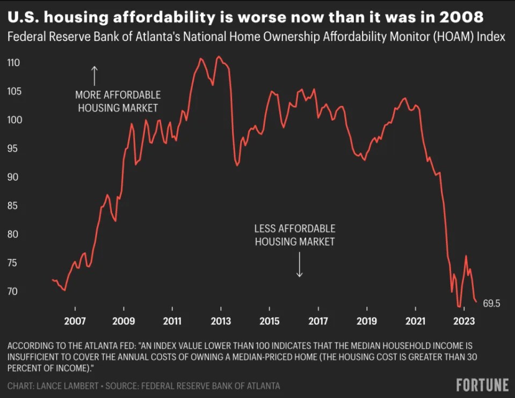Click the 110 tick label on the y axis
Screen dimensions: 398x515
13,63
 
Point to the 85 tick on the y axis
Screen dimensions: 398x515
13,206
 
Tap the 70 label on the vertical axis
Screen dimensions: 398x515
13,292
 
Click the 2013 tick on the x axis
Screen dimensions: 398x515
221,322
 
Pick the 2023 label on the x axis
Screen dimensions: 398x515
463,322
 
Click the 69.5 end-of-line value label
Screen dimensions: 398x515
491,304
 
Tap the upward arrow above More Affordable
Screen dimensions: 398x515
95,75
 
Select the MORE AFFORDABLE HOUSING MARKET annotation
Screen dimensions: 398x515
118,101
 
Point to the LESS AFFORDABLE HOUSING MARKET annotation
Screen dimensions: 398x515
294,235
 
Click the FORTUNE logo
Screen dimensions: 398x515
482,385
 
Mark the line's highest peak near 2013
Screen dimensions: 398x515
219,56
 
